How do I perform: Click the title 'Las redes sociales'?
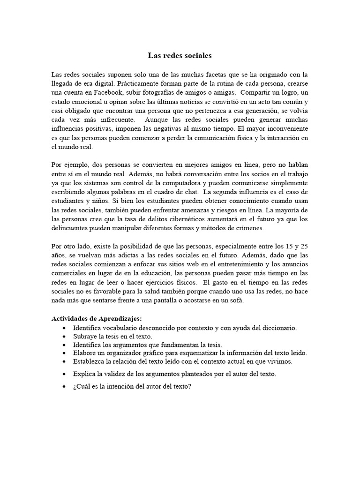tap(180, 56)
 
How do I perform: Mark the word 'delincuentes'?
tap(70, 228)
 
